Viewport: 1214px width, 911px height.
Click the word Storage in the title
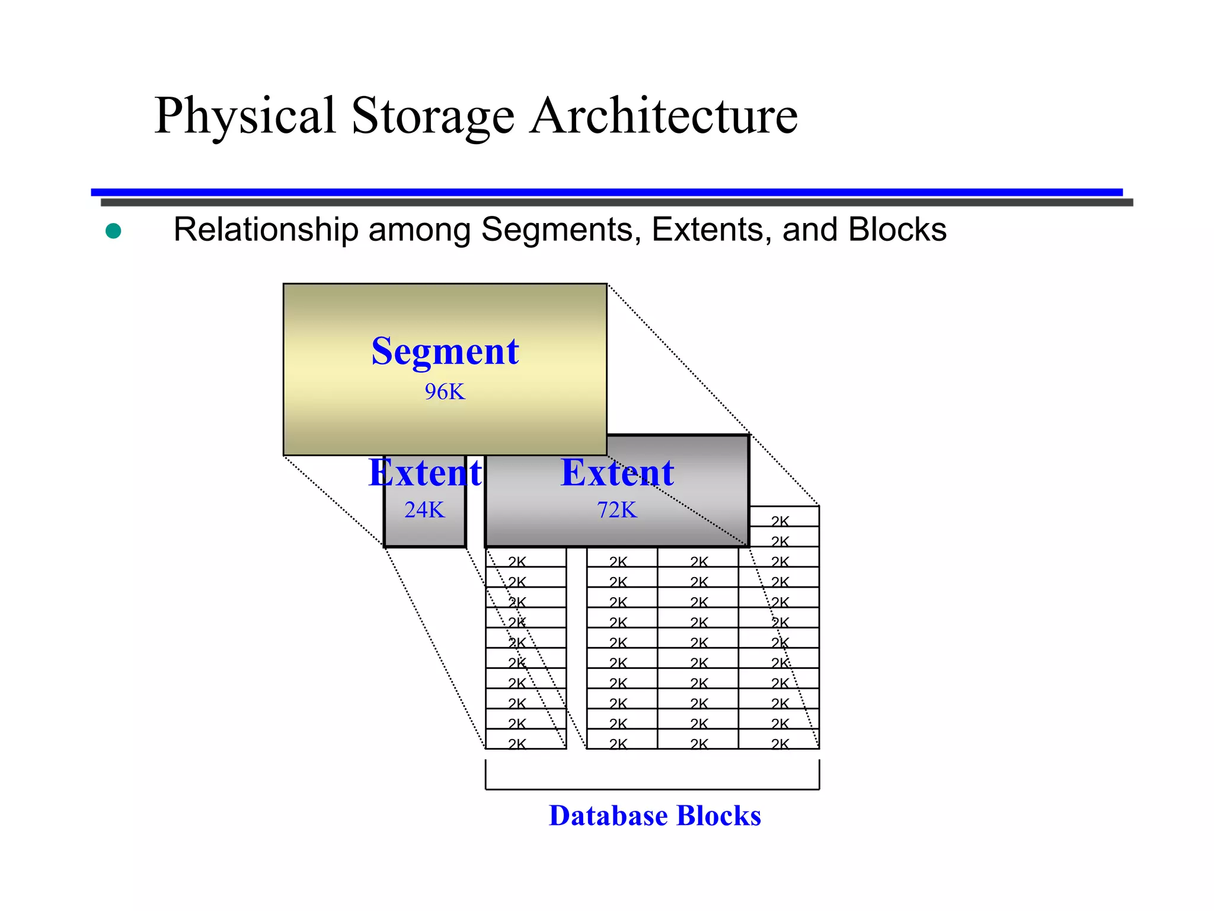point(433,116)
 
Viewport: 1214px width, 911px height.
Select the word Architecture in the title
point(664,116)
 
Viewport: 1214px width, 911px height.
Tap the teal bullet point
point(113,231)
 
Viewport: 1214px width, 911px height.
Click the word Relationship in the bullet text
point(266,230)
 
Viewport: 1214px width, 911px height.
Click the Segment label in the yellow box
point(445,351)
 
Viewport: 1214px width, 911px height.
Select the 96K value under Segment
point(445,392)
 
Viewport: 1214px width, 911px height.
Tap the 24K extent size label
point(424,510)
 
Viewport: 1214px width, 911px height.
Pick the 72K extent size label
point(617,510)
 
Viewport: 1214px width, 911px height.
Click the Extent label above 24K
point(424,473)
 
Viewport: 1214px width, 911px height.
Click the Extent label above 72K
point(617,473)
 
